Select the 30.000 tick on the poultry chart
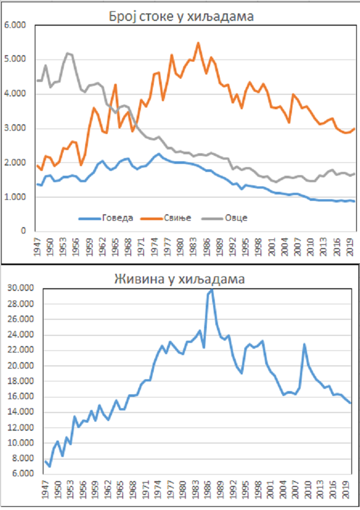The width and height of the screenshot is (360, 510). (21, 288)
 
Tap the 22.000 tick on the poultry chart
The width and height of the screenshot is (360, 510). (21, 350)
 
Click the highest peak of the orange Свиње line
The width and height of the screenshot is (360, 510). (198, 43)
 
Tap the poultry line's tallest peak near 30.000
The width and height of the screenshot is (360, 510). (212, 289)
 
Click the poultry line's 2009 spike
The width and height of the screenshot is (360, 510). (304, 344)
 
